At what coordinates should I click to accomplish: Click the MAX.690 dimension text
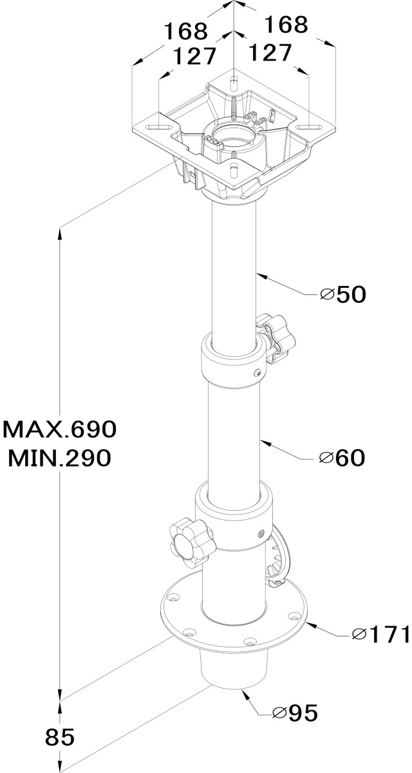[60, 430]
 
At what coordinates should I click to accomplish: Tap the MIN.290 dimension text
[60, 458]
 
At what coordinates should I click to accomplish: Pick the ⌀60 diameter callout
[342, 458]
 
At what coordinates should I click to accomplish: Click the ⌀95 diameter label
[295, 712]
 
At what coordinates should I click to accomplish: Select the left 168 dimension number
[186, 31]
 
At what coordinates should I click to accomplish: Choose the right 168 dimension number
[286, 24]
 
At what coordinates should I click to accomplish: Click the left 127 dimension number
[194, 55]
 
